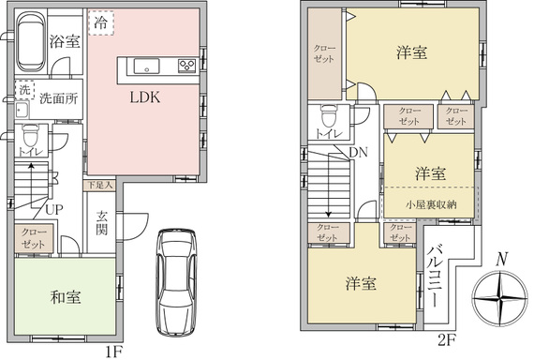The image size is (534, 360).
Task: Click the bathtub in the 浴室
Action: (x=31, y=42)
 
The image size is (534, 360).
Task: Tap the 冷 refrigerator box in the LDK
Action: (x=101, y=22)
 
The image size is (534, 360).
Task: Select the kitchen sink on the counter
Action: (x=146, y=66)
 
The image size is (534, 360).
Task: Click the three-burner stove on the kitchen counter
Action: (x=187, y=66)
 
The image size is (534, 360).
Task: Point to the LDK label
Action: (x=145, y=97)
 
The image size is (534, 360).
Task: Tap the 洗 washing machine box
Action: (x=24, y=90)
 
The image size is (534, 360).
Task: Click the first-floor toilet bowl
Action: (x=31, y=135)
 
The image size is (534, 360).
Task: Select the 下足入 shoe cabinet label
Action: (x=99, y=186)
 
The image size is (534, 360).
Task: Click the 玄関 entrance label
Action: (x=101, y=223)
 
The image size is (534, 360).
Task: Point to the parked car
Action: (x=176, y=283)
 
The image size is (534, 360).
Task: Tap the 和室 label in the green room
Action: (x=66, y=297)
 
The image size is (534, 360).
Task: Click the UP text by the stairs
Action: (x=54, y=210)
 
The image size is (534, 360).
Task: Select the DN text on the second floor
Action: (x=359, y=153)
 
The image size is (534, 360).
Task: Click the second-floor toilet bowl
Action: (x=329, y=116)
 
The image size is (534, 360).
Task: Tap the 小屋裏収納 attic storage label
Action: (x=431, y=204)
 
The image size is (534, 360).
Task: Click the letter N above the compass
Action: (x=500, y=259)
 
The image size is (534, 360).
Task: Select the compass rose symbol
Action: (x=500, y=299)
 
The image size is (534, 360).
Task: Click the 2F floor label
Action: (x=447, y=340)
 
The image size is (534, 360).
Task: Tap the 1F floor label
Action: (x=113, y=352)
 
